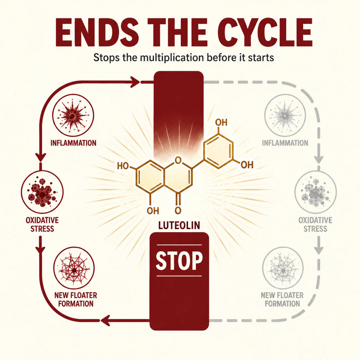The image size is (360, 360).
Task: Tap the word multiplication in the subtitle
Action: [x=172, y=58]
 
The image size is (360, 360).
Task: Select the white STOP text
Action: [x=179, y=261]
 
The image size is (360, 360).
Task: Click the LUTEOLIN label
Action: [x=179, y=226]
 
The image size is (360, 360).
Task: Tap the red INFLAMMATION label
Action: [x=73, y=143]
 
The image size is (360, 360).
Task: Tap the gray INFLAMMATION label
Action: [x=285, y=143]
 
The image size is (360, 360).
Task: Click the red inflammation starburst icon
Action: [x=73, y=116]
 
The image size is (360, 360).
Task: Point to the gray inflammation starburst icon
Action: [x=285, y=116]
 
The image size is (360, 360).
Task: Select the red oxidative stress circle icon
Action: [x=42, y=192]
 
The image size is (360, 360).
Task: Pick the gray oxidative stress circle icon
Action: [x=316, y=192]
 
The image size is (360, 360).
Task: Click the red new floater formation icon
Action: [x=74, y=268]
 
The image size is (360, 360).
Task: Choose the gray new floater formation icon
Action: [x=283, y=268]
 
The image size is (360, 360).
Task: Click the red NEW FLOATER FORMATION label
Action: [x=76, y=299]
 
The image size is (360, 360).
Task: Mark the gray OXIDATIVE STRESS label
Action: [x=315, y=224]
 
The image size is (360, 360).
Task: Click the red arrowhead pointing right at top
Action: [x=135, y=82]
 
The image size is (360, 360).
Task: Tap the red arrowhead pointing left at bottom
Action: [x=105, y=320]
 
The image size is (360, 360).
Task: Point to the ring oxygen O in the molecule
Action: [x=178, y=160]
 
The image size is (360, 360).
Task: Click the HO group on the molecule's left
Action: [x=123, y=166]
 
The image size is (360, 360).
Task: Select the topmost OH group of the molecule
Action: [x=221, y=122]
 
